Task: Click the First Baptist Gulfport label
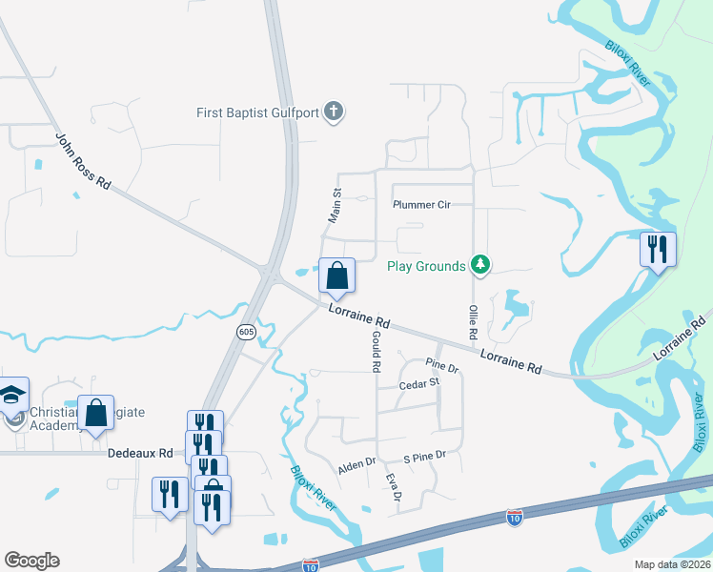coord(257,112)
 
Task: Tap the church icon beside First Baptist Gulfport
coord(333,112)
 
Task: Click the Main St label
coord(335,205)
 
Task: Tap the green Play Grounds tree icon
coord(480,266)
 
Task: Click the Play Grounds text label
coord(426,266)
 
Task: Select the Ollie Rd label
coord(471,323)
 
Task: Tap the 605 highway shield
coord(246,331)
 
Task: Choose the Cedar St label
coord(419,383)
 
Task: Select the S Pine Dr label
coord(424,457)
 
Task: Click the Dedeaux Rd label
coord(139,454)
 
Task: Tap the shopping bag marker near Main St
coord(336,276)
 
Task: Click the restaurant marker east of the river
coord(658,250)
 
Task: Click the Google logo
coord(31,561)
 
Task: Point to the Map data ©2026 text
coord(671,564)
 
